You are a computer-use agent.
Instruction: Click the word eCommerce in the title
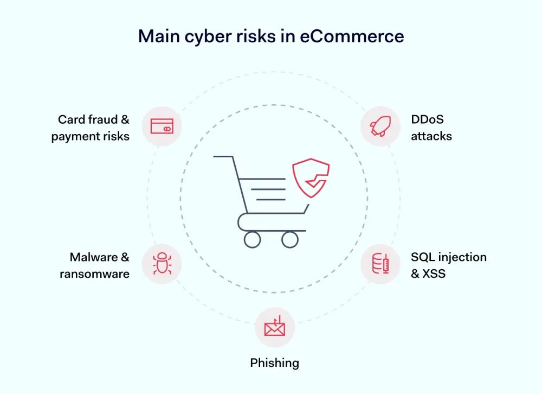tap(352, 36)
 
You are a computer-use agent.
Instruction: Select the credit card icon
tap(162, 126)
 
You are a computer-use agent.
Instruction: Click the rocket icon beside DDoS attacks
tap(380, 126)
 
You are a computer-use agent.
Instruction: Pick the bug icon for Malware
tap(162, 263)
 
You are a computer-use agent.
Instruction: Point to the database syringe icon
tap(380, 263)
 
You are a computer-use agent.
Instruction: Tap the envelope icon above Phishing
tap(275, 326)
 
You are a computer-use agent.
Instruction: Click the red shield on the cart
tap(311, 178)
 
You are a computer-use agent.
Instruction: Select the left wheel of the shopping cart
tap(253, 239)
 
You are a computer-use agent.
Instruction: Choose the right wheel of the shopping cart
tap(290, 239)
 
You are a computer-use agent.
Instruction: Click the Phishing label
tap(274, 363)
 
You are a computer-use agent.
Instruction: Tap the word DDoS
tap(427, 119)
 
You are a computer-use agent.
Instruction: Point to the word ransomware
tap(94, 274)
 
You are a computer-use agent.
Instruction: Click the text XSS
tap(434, 274)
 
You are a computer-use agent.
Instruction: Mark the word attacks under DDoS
tap(431, 136)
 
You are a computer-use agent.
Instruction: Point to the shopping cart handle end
tap(214, 157)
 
